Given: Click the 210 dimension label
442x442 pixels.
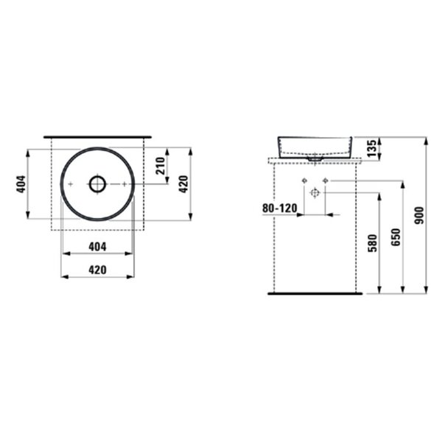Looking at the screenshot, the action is pos(160,166).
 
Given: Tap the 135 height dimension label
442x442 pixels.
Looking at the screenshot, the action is pos(371,148).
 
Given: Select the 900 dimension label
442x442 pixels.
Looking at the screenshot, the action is pos(419,215).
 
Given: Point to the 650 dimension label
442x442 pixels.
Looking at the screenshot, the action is pos(396,237).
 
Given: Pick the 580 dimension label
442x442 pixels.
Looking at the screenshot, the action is pos(372,243).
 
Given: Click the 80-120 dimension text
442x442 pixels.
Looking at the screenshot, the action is pos(280,208).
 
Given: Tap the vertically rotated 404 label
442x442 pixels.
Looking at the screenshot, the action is pos(21,184).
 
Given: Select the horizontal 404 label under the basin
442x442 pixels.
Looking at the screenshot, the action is pos(97,247).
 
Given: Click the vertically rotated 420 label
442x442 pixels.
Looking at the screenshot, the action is pos(183,184).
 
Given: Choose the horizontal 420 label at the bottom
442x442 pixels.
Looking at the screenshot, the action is pos(97,270).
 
